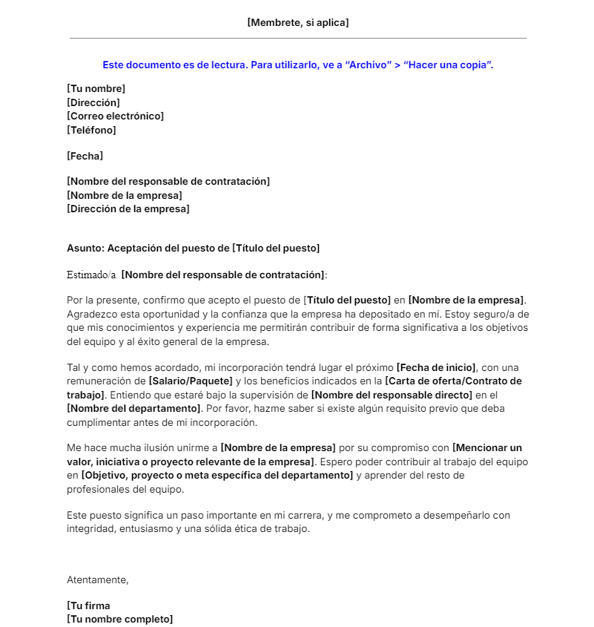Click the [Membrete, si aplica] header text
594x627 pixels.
click(x=297, y=23)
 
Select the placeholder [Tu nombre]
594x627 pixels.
click(x=96, y=89)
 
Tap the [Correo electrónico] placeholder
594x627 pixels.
click(x=115, y=116)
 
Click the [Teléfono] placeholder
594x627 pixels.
click(x=91, y=130)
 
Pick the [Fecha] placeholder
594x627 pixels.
click(x=85, y=157)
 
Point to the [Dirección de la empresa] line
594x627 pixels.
click(x=128, y=209)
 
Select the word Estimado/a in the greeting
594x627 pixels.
click(x=91, y=275)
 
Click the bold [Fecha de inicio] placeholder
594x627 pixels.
click(x=437, y=368)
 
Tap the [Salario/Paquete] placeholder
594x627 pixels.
click(x=190, y=381)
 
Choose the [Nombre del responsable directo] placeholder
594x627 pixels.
click(x=392, y=395)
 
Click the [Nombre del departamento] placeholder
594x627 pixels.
click(x=134, y=409)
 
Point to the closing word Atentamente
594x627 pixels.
click(x=97, y=580)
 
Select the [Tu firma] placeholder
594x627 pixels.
click(x=88, y=605)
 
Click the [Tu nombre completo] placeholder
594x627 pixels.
click(x=119, y=619)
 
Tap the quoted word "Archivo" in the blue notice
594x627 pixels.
click(x=369, y=65)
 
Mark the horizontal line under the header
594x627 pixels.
click(x=297, y=38)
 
